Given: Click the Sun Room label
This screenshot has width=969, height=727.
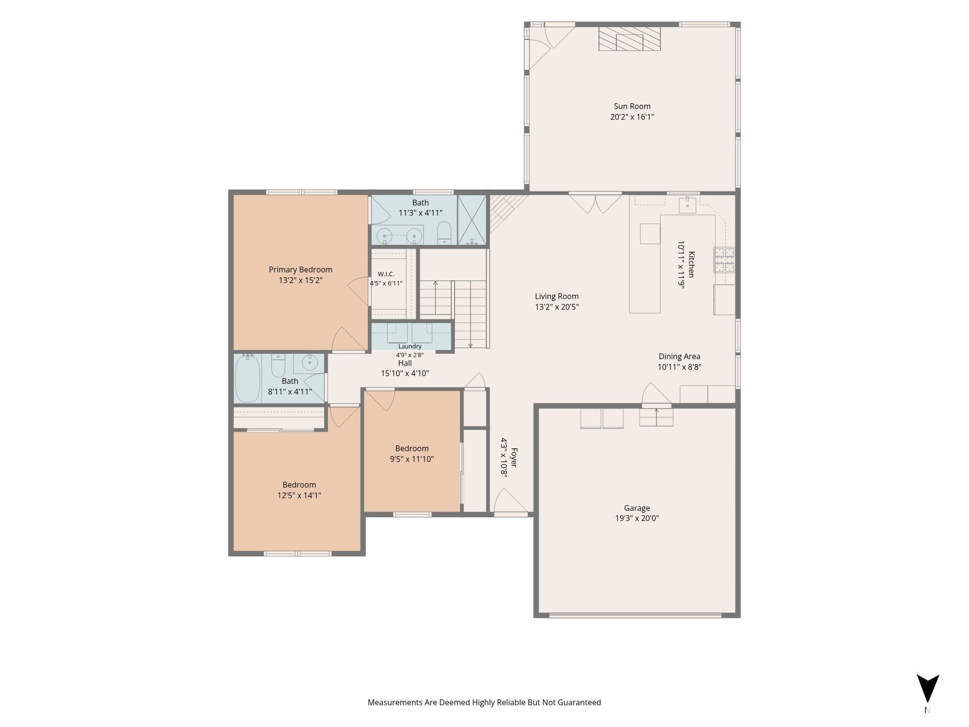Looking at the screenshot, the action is coord(632,106).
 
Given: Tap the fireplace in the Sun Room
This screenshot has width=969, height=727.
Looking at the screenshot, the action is coord(629,39).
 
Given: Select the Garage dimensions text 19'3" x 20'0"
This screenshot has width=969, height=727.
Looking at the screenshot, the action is coord(637,518).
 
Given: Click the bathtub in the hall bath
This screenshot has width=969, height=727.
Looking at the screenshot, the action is coord(248,379).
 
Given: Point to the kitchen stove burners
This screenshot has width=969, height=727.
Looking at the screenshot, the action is coord(724,260).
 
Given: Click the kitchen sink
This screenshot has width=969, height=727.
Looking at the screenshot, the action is coord(688,205).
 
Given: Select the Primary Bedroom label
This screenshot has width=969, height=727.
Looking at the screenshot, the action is coord(300,269).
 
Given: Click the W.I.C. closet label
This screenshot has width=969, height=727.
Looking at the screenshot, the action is coord(386,274).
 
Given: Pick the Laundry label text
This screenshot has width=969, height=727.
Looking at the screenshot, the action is coord(410,346).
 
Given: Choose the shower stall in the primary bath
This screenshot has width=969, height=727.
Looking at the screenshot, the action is coord(472,220).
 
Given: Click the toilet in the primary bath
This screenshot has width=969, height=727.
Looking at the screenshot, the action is coord(444,233).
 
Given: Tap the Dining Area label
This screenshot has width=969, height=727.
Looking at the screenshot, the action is coord(679,356).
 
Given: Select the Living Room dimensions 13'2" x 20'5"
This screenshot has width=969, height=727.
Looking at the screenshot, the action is coord(557,307).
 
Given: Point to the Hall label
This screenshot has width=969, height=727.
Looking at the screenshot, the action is coord(405,363).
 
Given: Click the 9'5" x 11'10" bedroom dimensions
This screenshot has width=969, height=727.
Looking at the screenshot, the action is coord(412,459).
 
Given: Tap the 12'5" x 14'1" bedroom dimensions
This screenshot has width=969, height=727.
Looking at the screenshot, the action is coord(299,495).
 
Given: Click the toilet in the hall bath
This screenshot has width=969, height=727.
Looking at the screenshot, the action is coord(278,366).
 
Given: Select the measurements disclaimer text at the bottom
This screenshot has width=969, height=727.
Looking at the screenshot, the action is coord(484,702).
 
